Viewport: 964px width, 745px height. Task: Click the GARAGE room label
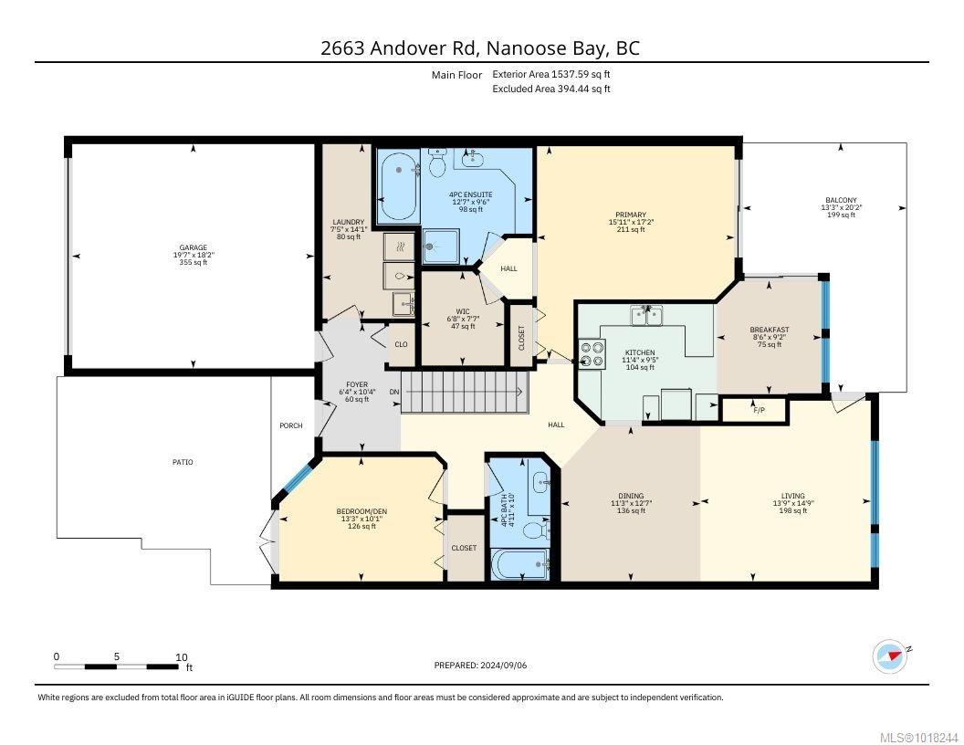pos(193,247)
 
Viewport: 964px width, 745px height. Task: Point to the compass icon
pos(890,656)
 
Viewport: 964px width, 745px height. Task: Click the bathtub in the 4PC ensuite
pos(398,187)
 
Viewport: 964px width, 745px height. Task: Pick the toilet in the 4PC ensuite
pos(438,162)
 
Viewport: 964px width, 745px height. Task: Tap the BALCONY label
pos(841,200)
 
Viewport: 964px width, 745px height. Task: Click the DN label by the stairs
pos(394,393)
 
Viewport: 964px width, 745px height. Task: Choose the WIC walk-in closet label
pos(462,311)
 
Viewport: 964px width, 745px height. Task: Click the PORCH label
pos(291,425)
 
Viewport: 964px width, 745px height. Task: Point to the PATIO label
pos(183,462)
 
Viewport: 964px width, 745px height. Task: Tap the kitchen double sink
pos(646,316)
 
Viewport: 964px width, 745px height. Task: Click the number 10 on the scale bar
pos(182,657)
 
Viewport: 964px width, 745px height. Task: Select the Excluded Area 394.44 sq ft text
pos(550,89)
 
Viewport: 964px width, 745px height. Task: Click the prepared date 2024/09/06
pos(504,665)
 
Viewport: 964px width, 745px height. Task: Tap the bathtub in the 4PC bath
pos(520,564)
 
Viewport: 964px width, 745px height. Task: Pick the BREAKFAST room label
pos(770,331)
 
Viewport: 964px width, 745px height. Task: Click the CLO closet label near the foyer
pos(401,344)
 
